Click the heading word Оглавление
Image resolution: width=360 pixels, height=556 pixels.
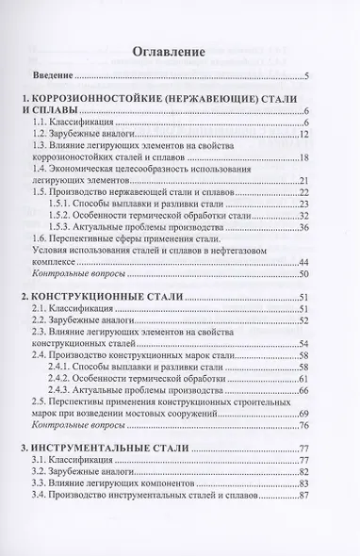[x=180, y=52]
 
